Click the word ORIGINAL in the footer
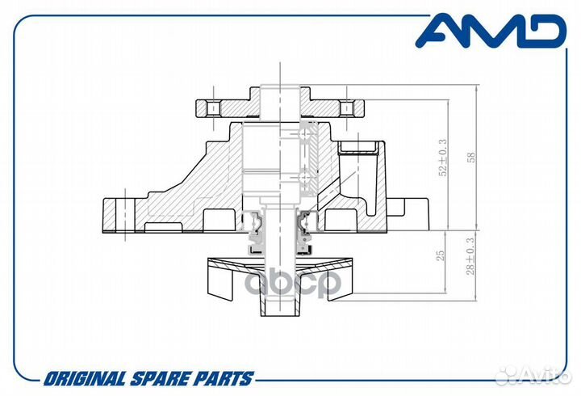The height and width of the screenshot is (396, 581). pos(83,378)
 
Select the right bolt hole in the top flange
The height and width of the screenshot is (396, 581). pos(346,107)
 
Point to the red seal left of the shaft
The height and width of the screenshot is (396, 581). pos(253,218)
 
